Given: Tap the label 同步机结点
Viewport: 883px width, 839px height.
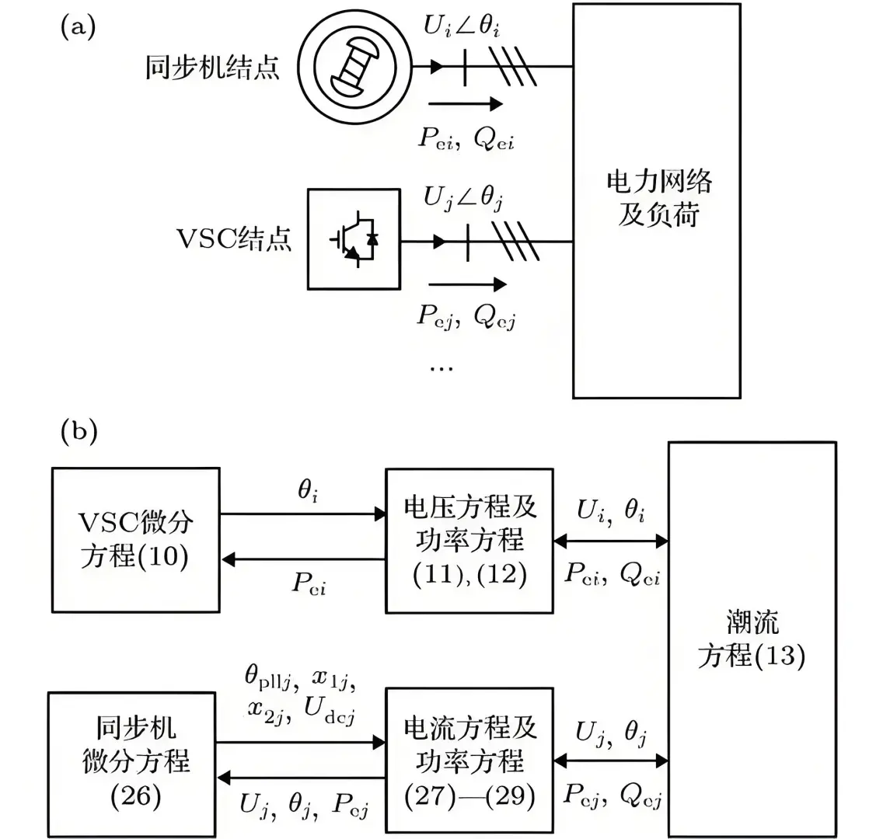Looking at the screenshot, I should [x=212, y=68].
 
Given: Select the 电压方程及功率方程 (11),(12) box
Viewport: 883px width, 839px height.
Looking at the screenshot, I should [x=469, y=541].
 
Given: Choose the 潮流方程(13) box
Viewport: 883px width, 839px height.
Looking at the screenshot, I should [x=751, y=639].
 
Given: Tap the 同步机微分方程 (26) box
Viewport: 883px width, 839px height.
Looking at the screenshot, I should [x=131, y=761].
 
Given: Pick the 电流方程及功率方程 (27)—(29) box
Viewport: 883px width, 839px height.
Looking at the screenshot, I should [x=469, y=761].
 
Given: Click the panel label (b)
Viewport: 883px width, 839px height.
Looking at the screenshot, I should [x=79, y=432].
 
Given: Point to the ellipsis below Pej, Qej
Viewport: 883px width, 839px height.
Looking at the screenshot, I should [x=441, y=367].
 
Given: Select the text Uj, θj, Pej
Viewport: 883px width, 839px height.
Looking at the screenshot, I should [x=304, y=806].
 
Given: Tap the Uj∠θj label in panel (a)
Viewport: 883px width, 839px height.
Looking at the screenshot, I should [x=463, y=200].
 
